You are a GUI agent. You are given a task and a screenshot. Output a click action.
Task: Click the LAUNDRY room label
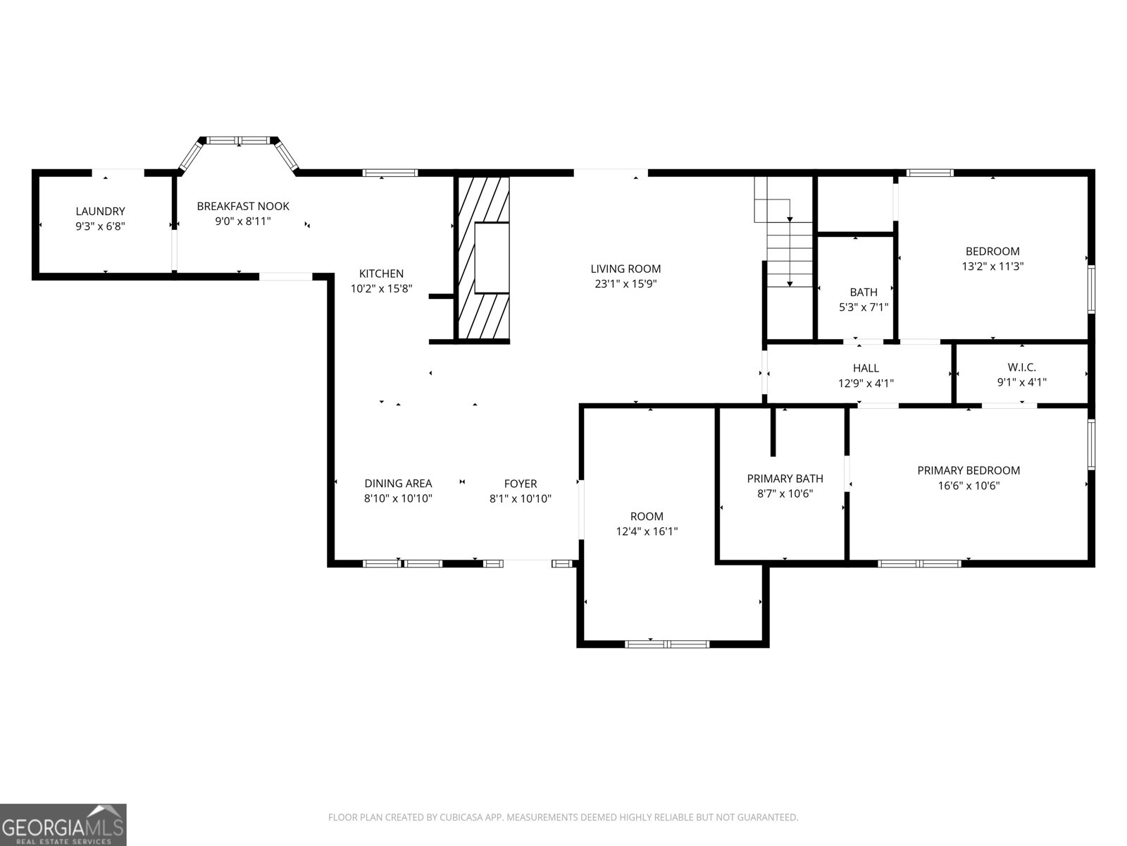(x=100, y=211)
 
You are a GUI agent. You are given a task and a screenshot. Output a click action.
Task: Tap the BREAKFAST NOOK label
(x=243, y=206)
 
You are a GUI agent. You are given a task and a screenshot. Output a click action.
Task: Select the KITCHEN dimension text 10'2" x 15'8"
(x=381, y=288)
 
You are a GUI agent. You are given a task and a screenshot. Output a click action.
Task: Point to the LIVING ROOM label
(x=625, y=269)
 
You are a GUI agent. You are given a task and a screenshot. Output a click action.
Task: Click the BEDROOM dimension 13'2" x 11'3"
(x=992, y=266)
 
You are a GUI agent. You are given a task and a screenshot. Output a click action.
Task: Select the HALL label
(x=866, y=368)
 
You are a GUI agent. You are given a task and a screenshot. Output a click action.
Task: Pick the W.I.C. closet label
(x=1022, y=367)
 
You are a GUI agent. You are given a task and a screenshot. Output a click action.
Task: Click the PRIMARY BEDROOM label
(x=969, y=470)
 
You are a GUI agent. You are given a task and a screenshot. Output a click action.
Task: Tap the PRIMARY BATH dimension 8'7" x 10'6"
(x=785, y=493)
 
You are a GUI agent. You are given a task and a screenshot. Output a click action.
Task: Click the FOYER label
(x=520, y=484)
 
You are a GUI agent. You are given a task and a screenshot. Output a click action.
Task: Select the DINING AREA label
(x=398, y=484)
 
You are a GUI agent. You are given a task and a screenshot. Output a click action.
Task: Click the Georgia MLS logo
(x=63, y=825)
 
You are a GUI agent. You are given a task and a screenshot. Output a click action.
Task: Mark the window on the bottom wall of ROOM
(x=667, y=644)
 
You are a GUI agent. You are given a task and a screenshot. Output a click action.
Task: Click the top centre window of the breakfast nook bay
(x=238, y=140)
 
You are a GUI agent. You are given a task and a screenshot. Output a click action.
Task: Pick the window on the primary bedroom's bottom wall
(x=919, y=563)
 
